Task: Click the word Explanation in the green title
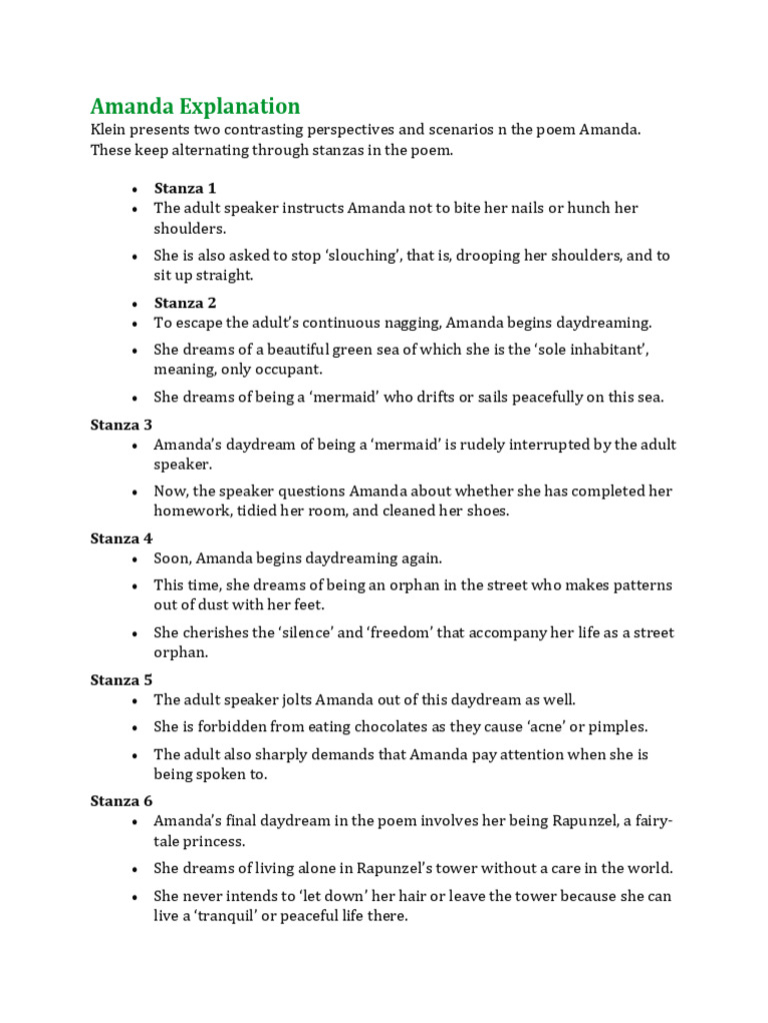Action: coord(237,106)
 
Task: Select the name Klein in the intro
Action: coord(109,131)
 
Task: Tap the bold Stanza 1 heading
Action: coord(185,188)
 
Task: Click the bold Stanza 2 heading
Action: coord(185,303)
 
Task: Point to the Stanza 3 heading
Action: coord(121,425)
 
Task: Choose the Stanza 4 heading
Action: coord(121,538)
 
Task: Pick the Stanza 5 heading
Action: coord(121,680)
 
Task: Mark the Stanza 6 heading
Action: coord(121,801)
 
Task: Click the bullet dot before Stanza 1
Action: coord(134,189)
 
